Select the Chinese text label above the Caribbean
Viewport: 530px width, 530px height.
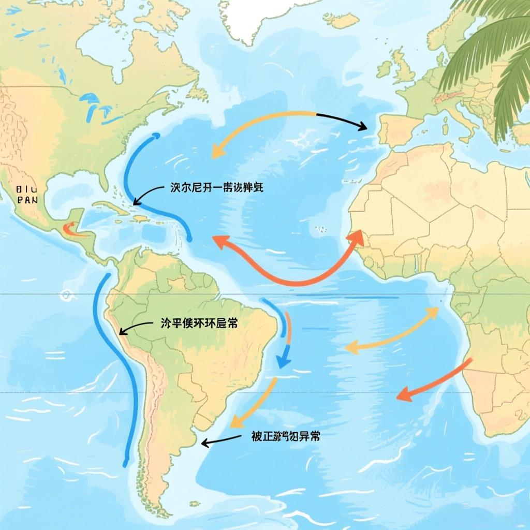pyautogui.click(x=216, y=188)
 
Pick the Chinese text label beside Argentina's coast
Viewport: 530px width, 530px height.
pyautogui.click(x=285, y=436)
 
